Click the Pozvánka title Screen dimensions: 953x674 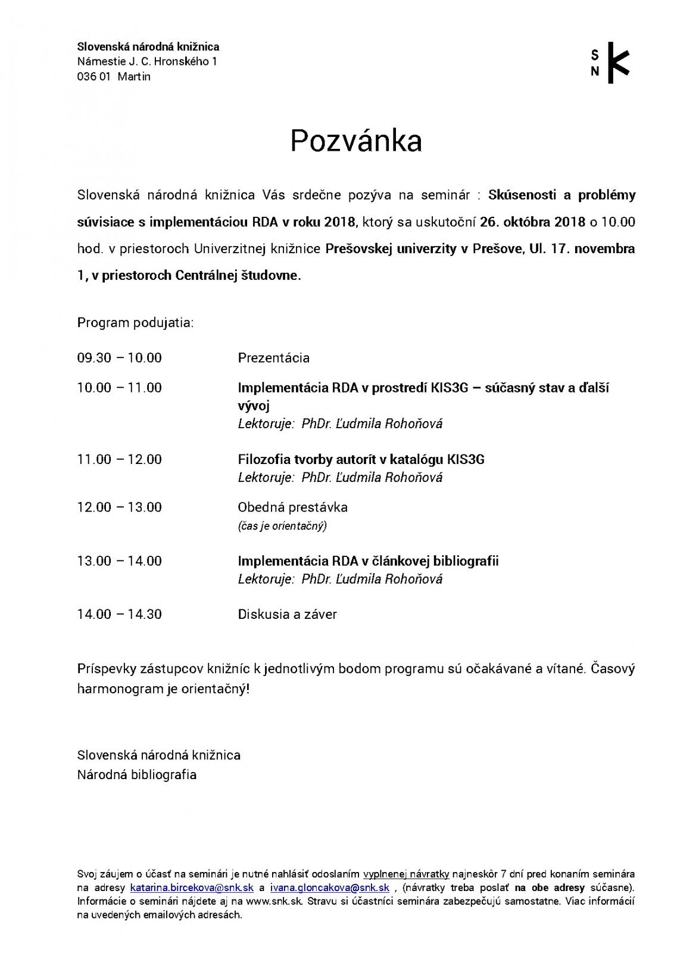[x=356, y=141]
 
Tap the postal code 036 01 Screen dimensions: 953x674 [x=93, y=77]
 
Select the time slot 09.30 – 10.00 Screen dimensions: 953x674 [x=119, y=358]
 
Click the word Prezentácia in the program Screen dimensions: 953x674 [x=273, y=358]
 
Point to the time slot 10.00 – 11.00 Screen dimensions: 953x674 [x=119, y=388]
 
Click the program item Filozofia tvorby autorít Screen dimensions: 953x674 [x=361, y=459]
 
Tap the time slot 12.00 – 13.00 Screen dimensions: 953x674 [x=119, y=507]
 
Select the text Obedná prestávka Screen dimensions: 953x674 [x=292, y=507]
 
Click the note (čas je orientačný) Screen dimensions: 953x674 [x=282, y=525]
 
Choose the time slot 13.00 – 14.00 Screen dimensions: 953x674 [x=119, y=561]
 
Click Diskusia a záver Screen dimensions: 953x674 [x=287, y=615]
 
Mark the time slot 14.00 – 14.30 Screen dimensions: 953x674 [x=119, y=615]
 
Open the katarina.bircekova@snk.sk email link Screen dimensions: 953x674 [x=192, y=887]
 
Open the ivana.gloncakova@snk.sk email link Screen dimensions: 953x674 [x=330, y=887]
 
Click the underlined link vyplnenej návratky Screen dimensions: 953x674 [x=406, y=874]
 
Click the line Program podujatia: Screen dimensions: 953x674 [x=135, y=323]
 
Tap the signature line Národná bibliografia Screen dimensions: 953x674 [x=136, y=775]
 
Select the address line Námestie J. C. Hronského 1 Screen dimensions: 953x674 [x=147, y=61]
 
